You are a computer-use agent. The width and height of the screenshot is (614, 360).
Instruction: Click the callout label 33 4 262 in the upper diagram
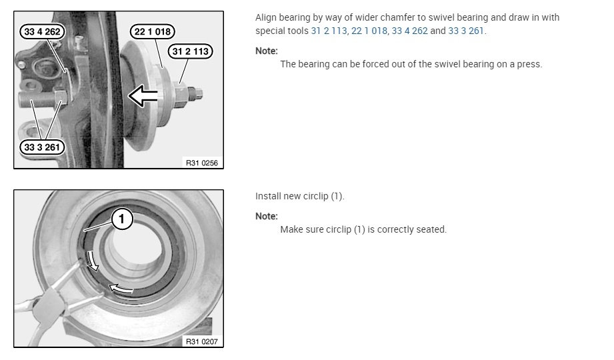[x=42, y=32]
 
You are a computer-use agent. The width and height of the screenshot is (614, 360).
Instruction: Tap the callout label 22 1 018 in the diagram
[x=152, y=32]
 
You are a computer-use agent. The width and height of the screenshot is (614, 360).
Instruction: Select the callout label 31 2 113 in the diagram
[x=190, y=51]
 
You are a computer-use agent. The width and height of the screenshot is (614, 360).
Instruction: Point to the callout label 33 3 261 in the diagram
[x=42, y=147]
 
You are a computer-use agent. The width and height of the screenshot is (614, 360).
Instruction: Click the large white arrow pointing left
[x=143, y=96]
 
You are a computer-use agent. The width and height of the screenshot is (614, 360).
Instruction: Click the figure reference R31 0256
[x=201, y=163]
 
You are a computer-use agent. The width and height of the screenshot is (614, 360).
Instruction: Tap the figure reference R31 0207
[x=201, y=341]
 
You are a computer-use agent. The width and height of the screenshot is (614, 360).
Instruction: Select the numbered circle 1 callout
[x=122, y=219]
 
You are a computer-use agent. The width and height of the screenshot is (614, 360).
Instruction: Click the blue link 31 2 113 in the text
[x=329, y=31]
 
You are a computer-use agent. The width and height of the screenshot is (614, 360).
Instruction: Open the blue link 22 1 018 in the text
[x=369, y=31]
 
